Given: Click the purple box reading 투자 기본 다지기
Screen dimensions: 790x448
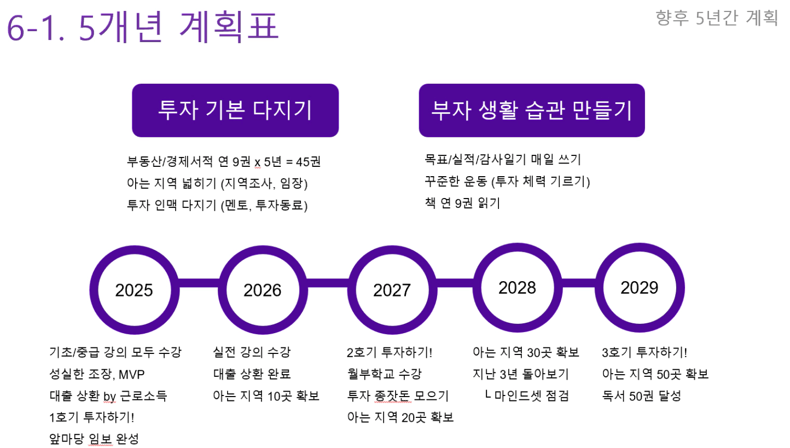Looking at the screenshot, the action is (x=235, y=110).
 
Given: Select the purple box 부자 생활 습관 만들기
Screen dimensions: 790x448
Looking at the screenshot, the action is (x=532, y=110).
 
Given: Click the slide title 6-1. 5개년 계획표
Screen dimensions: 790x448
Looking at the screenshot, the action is (x=143, y=27).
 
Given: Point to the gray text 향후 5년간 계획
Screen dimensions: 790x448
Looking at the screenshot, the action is (x=717, y=18).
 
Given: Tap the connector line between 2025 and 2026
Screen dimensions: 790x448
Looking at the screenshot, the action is (x=199, y=283).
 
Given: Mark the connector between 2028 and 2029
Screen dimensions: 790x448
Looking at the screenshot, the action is (x=578, y=283).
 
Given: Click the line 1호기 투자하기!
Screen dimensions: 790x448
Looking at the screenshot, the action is (x=92, y=417).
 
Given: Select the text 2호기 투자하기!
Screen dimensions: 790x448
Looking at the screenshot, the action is (x=390, y=352).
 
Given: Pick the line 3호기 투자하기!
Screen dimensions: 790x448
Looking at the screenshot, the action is (x=644, y=352).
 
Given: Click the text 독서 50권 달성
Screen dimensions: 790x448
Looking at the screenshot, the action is (x=641, y=396).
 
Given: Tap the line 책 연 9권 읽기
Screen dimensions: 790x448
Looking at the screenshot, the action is (x=462, y=203).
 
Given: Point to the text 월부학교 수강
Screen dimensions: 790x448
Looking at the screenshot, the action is (x=385, y=374).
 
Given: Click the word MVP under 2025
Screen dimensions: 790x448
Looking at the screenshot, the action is (x=131, y=374).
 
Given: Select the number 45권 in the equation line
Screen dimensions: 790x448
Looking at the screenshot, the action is (x=308, y=161).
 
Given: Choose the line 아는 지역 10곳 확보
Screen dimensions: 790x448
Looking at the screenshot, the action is (x=266, y=396).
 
